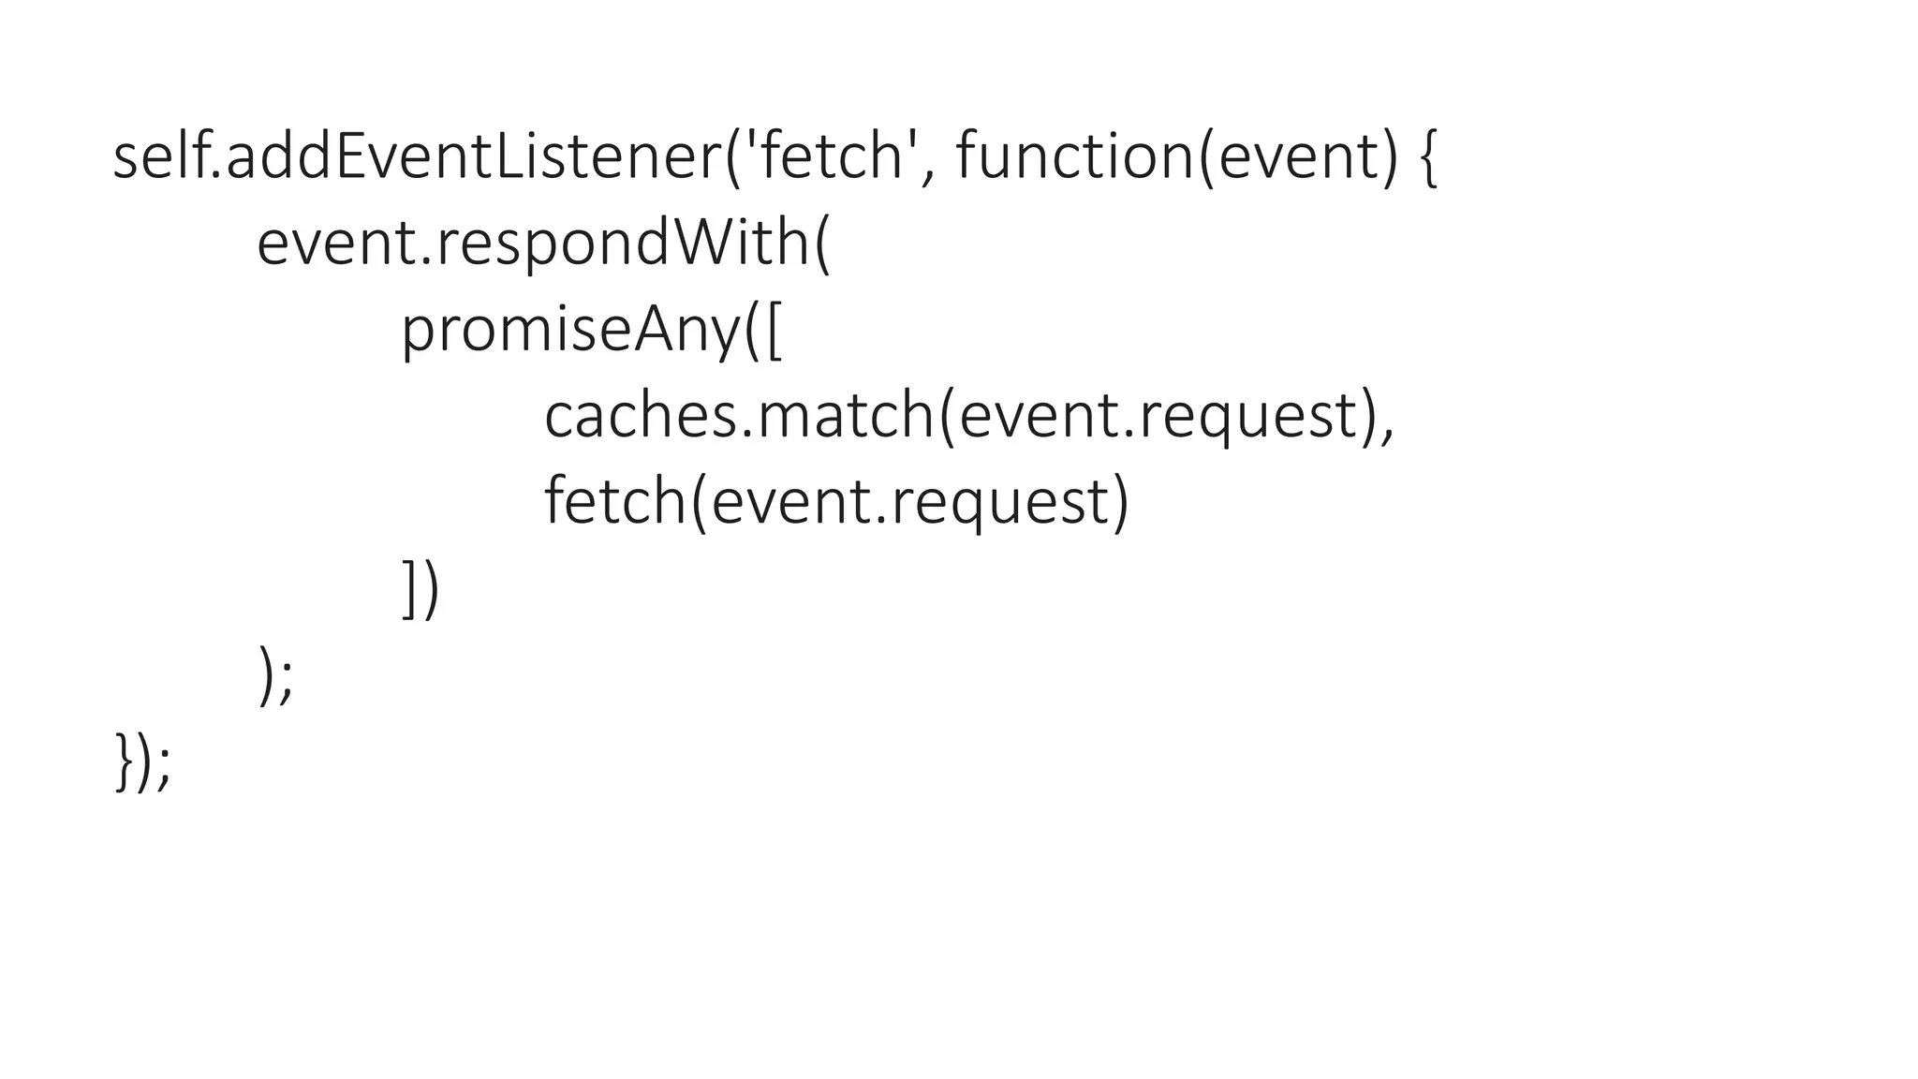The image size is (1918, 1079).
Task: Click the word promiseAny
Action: pos(570,330)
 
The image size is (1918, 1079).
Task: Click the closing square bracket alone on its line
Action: pos(409,589)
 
